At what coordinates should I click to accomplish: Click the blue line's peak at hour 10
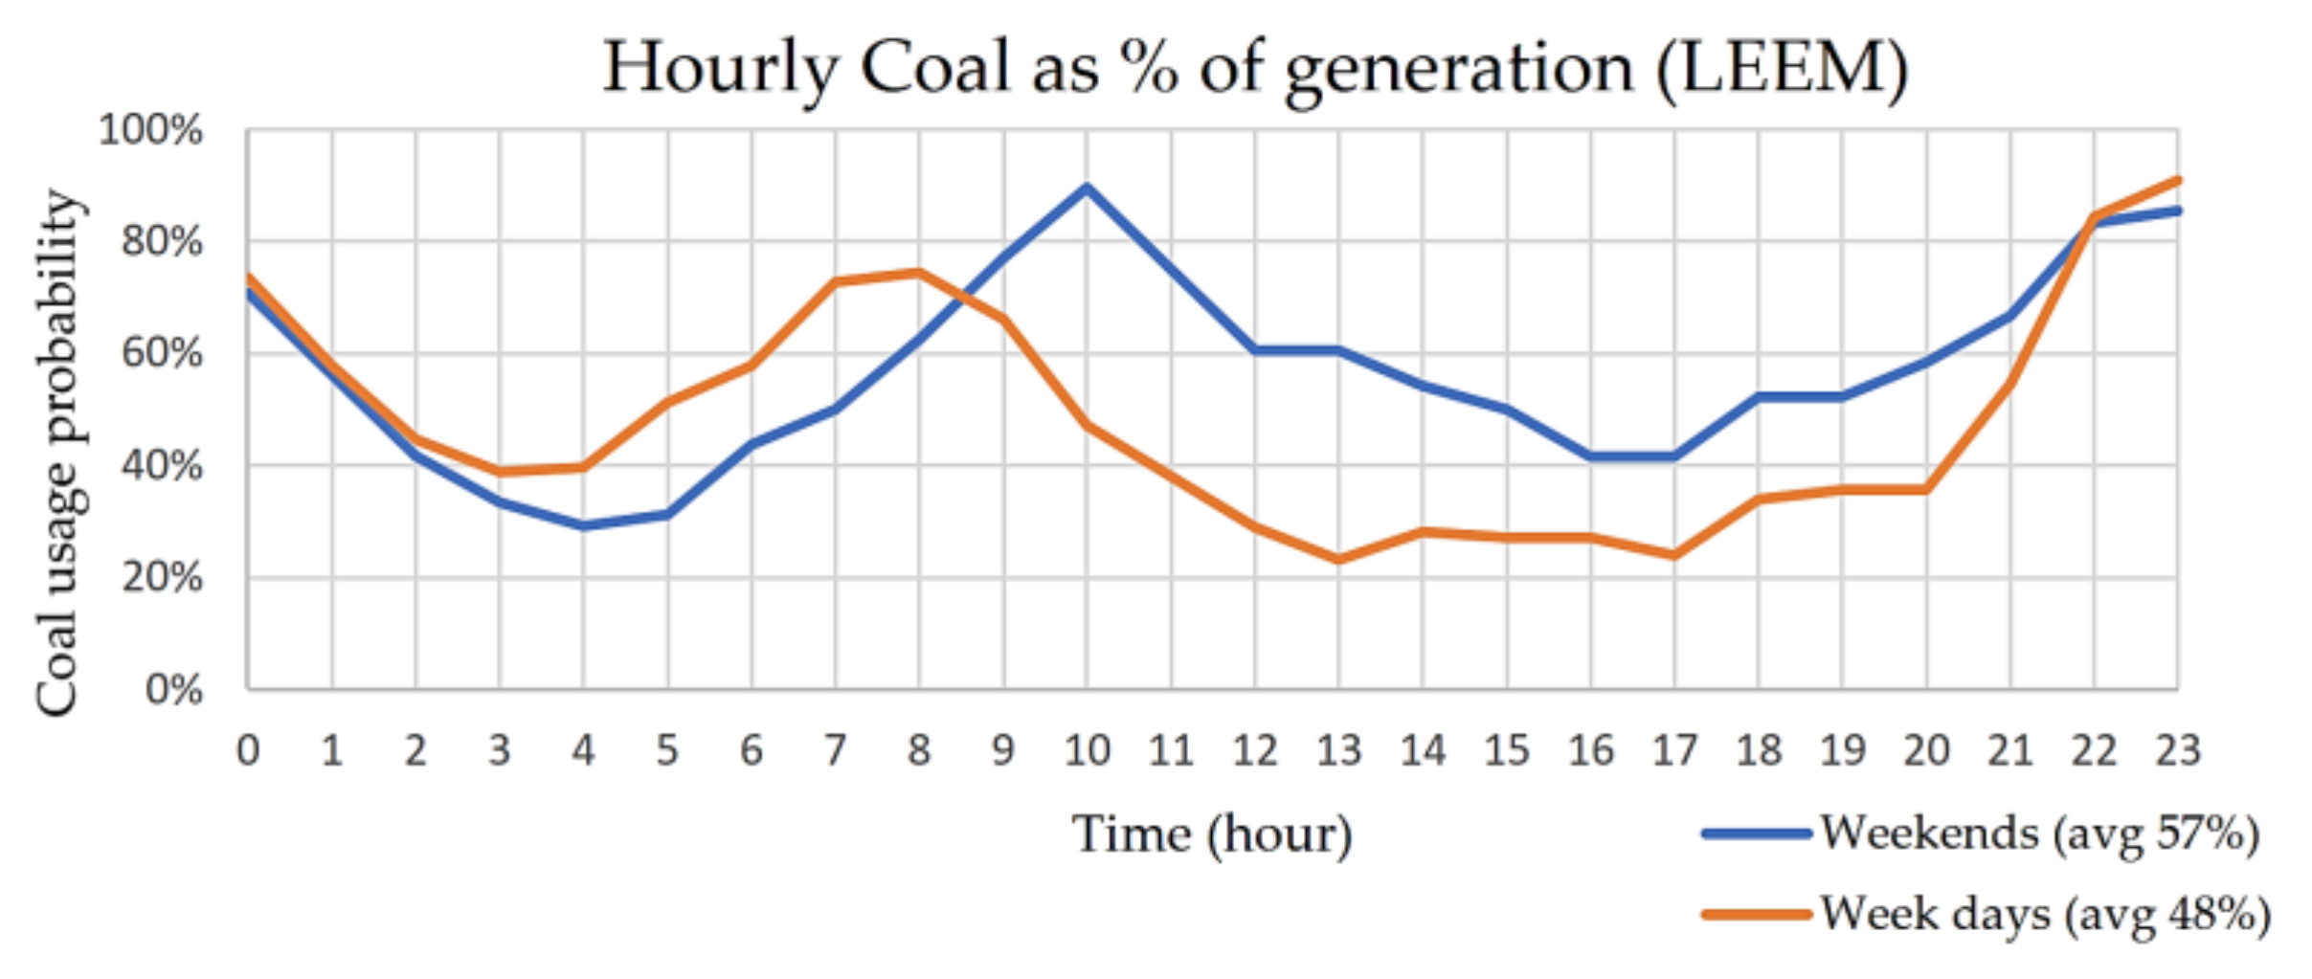pos(1087,187)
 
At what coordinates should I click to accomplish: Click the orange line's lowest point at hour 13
pos(1338,559)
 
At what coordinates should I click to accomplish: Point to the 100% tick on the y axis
pos(151,130)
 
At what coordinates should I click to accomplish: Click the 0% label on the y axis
pos(173,690)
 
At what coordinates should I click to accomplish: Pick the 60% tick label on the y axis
pos(162,354)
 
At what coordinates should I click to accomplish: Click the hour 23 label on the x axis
pos(2178,750)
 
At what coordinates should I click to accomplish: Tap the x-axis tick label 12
pos(1254,750)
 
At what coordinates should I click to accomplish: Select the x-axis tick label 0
pos(248,750)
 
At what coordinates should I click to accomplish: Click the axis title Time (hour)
pos(1211,834)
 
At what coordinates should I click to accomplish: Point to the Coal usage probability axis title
pos(57,452)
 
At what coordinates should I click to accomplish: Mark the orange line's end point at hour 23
pos(2178,180)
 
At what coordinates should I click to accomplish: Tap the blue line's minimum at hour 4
pos(583,525)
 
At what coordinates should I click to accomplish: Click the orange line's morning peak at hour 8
pos(919,272)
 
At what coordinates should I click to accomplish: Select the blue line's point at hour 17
pos(1674,456)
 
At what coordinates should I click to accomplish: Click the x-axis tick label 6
pos(752,750)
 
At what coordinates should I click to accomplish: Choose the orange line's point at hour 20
pos(1926,490)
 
